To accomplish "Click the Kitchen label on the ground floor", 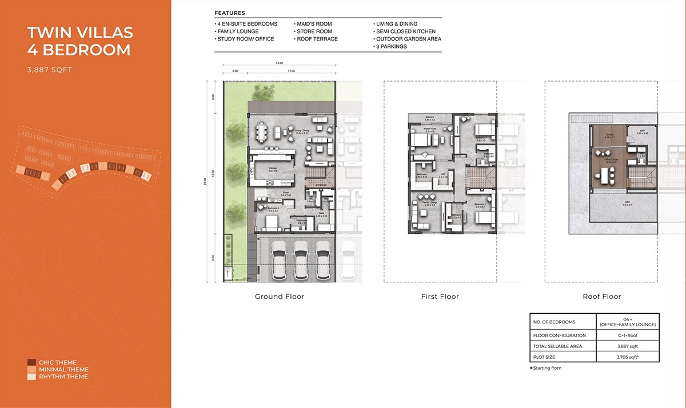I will (x=274, y=167).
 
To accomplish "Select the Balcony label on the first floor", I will (x=430, y=118).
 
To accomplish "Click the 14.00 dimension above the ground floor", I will (x=279, y=63).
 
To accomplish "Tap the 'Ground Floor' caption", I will (x=279, y=297).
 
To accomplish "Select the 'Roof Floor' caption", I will (x=601, y=297).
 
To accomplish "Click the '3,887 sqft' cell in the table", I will (x=627, y=346).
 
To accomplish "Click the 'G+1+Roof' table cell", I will (x=627, y=335).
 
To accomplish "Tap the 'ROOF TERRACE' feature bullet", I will (x=317, y=39).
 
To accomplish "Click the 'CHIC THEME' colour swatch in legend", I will (x=30, y=362).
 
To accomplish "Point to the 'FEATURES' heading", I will (x=230, y=13).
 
